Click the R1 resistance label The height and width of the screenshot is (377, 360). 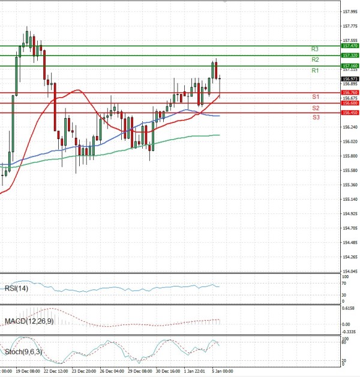(x=315, y=71)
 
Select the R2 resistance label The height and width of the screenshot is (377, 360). (x=315, y=60)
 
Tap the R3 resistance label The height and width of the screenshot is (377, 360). (x=315, y=49)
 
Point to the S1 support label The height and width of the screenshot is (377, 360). (x=315, y=97)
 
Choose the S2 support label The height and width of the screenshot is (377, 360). (x=315, y=108)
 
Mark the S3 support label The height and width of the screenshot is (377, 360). (x=315, y=117)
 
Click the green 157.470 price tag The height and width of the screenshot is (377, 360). (x=350, y=46)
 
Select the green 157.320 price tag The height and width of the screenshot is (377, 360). (x=350, y=55)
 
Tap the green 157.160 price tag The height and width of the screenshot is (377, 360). (x=350, y=65)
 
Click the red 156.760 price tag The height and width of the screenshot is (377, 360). (x=350, y=93)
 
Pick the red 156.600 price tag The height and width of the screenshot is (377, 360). (x=350, y=103)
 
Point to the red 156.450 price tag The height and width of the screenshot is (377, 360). (x=350, y=113)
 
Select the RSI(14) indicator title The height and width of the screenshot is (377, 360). (x=17, y=289)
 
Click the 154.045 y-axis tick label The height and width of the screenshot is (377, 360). (x=350, y=272)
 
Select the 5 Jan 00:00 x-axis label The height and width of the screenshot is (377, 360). (x=223, y=372)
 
